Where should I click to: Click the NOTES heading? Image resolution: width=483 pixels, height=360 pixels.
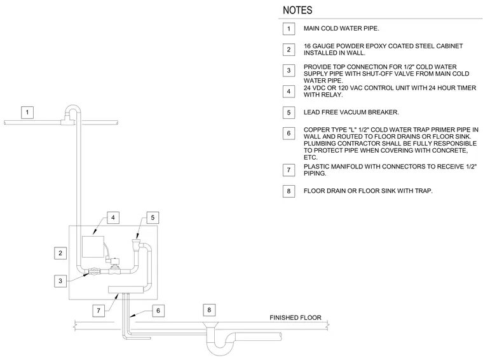[297, 10]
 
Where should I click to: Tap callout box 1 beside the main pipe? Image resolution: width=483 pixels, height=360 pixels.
[27, 112]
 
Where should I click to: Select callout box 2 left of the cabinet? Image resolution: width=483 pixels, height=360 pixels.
[60, 253]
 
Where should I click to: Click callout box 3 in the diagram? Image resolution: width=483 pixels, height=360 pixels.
[60, 280]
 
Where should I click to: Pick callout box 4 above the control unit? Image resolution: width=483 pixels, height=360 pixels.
[113, 218]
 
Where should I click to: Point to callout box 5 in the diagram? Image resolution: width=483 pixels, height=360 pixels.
[153, 218]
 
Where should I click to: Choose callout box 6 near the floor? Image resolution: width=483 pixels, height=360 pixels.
[158, 310]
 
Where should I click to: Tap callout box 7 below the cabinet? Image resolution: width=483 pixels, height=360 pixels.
[99, 310]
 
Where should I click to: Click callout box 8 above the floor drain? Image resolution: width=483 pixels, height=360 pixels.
[209, 310]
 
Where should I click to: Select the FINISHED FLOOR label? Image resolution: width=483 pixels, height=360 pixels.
[296, 318]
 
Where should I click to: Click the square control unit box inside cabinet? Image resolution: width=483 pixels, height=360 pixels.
[93, 247]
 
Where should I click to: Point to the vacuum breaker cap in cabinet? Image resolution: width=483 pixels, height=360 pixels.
[136, 240]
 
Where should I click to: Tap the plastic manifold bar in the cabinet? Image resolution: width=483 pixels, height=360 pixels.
[126, 289]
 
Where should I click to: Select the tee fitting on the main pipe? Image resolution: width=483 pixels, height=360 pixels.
[68, 120]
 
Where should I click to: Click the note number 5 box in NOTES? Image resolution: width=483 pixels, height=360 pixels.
[289, 113]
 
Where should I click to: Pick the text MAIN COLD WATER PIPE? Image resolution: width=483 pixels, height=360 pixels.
[341, 29]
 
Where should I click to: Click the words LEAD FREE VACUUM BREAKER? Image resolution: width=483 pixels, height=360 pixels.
[351, 112]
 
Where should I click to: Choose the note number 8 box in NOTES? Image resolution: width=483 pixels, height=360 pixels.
[289, 191]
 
